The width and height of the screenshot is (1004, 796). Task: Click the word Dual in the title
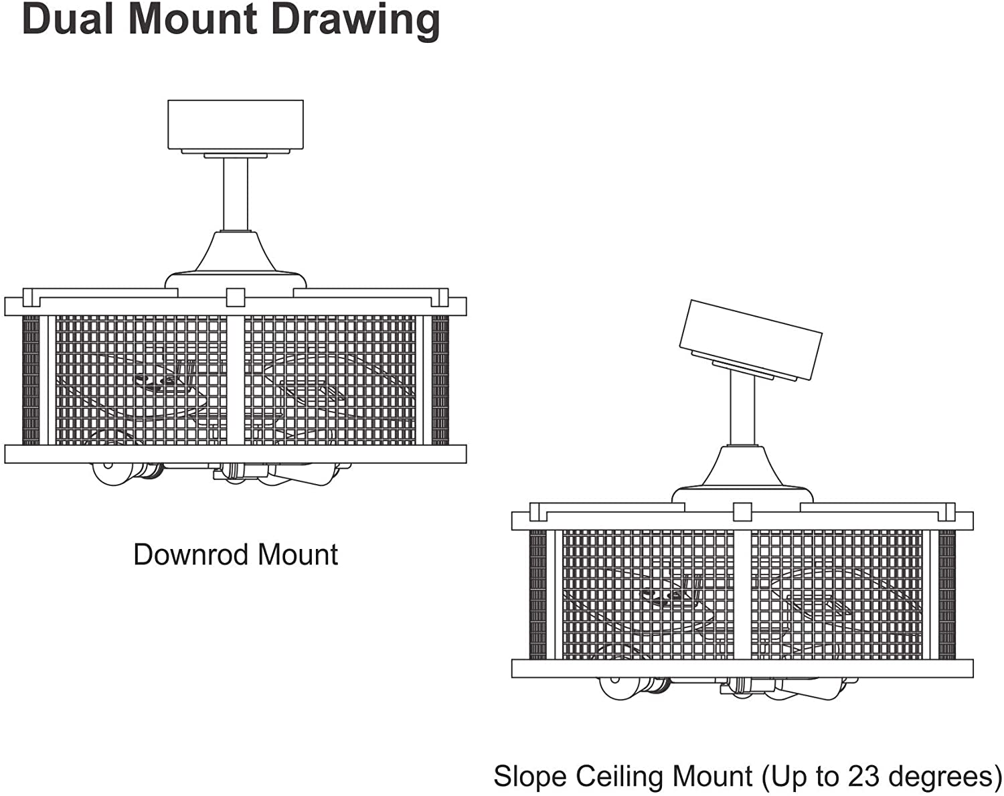[68, 19]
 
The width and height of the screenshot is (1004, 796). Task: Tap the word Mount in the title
[193, 19]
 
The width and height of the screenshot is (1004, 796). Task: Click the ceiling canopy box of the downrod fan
[236, 125]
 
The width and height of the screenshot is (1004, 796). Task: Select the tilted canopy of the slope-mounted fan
[751, 339]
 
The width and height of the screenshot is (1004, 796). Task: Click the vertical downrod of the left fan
[236, 194]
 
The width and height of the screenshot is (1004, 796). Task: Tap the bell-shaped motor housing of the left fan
[236, 260]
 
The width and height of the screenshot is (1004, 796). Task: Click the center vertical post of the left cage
[236, 380]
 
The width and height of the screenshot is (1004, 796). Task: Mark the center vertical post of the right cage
[743, 595]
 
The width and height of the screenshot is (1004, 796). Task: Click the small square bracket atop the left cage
[236, 297]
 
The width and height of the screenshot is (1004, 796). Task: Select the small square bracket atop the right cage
[743, 512]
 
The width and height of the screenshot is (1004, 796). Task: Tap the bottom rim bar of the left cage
[236, 454]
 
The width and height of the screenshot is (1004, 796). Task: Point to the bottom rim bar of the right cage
[743, 669]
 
